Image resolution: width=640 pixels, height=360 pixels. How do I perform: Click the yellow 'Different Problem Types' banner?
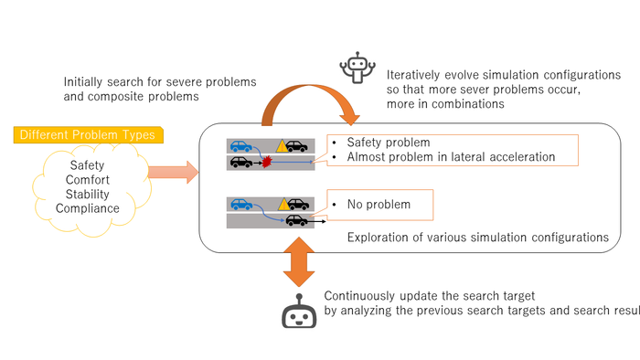(x=88, y=135)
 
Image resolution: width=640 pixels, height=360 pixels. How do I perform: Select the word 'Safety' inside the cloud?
(x=87, y=165)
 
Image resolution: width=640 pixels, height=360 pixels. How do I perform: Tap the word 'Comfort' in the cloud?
(x=88, y=180)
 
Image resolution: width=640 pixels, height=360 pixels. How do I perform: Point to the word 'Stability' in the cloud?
(x=88, y=194)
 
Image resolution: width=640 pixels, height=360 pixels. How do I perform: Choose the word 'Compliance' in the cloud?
(x=88, y=208)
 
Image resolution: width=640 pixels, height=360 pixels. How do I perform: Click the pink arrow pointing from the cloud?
(x=173, y=172)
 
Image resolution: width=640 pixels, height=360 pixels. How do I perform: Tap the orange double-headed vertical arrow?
(x=299, y=262)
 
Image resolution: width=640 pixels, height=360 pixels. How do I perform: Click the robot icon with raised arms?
(x=357, y=68)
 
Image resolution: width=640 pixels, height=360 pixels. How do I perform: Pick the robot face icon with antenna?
(x=299, y=311)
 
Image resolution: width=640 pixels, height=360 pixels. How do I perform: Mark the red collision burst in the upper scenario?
(x=267, y=163)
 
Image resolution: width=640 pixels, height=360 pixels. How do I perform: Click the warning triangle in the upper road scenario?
(x=282, y=146)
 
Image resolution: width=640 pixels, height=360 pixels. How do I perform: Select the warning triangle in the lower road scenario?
(x=283, y=204)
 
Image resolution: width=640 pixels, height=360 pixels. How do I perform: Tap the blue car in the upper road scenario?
(x=241, y=146)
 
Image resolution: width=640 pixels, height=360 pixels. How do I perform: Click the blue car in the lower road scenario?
(x=241, y=204)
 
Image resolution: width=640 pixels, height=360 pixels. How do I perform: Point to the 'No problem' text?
(x=379, y=205)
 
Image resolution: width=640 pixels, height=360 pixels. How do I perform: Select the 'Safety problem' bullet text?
(x=389, y=143)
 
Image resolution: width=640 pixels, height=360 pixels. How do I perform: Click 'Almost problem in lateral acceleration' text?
(x=451, y=157)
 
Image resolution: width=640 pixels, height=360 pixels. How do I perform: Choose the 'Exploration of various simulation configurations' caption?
(x=478, y=238)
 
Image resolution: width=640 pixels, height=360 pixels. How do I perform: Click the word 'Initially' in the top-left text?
(x=83, y=82)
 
